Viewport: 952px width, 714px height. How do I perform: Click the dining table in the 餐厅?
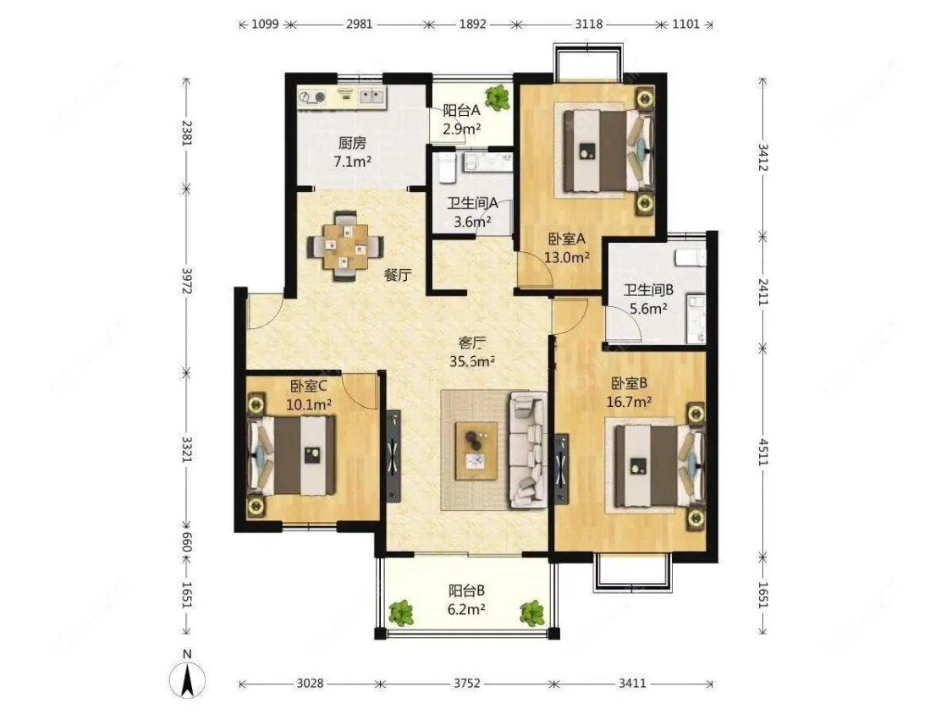pyautogui.click(x=345, y=246)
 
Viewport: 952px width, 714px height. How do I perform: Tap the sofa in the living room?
pyautogui.click(x=527, y=448)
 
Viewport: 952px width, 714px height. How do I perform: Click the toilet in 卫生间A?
pyautogui.click(x=446, y=168)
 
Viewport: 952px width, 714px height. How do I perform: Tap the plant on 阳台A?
pyautogui.click(x=498, y=96)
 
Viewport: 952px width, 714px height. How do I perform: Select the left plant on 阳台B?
pyautogui.click(x=401, y=612)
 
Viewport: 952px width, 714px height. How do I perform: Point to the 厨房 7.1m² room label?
pyautogui.click(x=353, y=151)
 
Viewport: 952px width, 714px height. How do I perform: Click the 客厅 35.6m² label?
pyautogui.click(x=472, y=352)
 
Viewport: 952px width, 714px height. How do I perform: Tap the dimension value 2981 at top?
pyautogui.click(x=359, y=25)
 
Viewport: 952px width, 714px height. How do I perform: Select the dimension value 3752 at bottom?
pyautogui.click(x=467, y=684)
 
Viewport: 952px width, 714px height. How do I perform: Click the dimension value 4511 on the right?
pyautogui.click(x=763, y=453)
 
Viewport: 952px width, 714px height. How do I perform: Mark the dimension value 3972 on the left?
pyautogui.click(x=187, y=281)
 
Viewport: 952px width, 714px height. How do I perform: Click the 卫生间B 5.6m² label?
pyautogui.click(x=648, y=299)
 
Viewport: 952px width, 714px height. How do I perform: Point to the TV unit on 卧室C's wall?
pyautogui.click(x=394, y=455)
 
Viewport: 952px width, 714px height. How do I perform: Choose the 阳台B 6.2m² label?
pyautogui.click(x=466, y=599)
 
